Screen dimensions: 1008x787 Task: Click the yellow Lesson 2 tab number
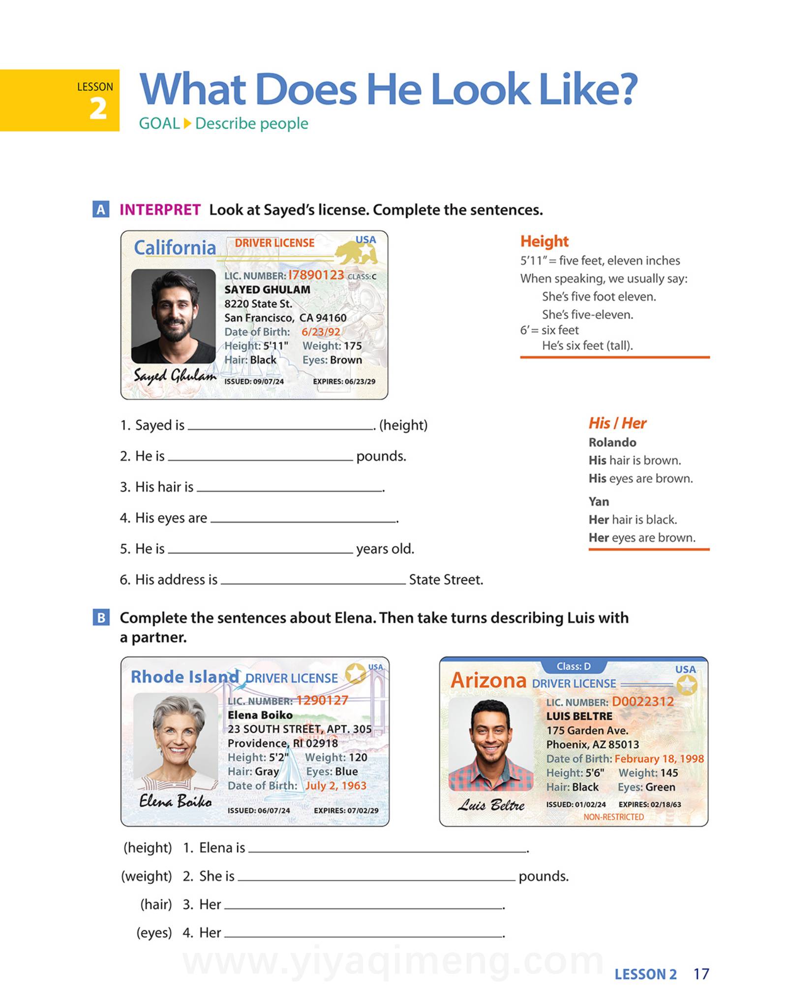98,108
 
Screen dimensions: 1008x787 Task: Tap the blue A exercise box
101,210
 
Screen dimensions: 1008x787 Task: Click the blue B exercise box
101,617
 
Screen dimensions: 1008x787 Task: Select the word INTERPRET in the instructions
160,210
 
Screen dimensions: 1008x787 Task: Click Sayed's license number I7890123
316,275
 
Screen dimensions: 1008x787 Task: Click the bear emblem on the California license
357,252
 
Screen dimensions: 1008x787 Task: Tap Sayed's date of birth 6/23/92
321,332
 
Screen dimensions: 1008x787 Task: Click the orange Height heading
544,241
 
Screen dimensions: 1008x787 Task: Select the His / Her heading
617,423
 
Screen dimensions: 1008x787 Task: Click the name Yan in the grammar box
599,502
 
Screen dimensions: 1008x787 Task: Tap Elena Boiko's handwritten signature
175,801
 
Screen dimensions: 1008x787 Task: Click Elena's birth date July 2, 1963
336,786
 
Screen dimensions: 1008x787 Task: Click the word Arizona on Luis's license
488,681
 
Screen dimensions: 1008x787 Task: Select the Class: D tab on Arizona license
574,666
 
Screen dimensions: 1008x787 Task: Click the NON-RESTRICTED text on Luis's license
613,817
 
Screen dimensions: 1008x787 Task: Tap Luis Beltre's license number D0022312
642,701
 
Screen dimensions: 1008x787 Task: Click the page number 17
701,974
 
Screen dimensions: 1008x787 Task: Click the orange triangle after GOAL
187,124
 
